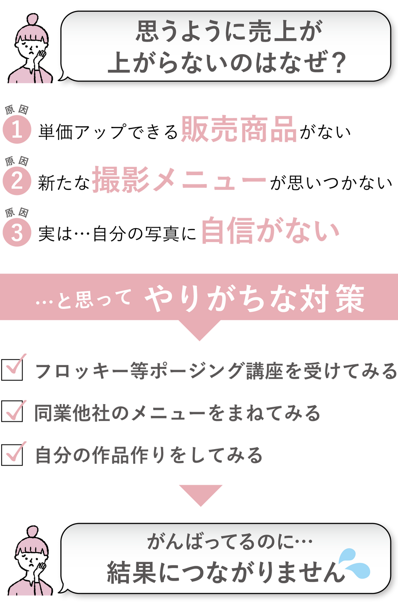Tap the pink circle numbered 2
coord(17,181)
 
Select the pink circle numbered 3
coord(17,232)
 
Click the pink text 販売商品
coord(238,130)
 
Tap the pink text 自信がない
coord(270,231)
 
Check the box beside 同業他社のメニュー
coord(12,411)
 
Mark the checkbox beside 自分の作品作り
coord(12,454)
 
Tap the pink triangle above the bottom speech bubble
coord(200,495)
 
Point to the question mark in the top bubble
coord(335,63)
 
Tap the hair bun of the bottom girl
coord(32,531)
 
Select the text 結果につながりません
coord(223,572)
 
